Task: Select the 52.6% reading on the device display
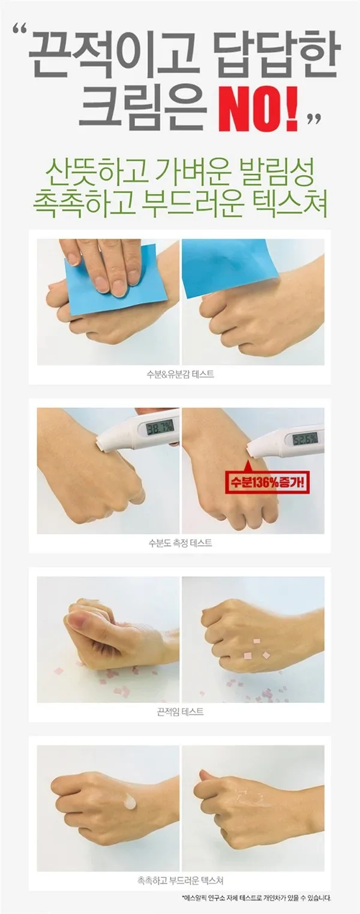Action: (304, 439)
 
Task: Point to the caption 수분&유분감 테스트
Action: (180, 374)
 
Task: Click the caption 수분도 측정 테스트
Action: (180, 543)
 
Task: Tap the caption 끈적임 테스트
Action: (180, 712)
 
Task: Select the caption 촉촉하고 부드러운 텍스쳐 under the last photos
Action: (180, 880)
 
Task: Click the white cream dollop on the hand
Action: (130, 802)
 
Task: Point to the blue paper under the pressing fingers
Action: (118, 281)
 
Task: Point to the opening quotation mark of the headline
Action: (20, 31)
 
